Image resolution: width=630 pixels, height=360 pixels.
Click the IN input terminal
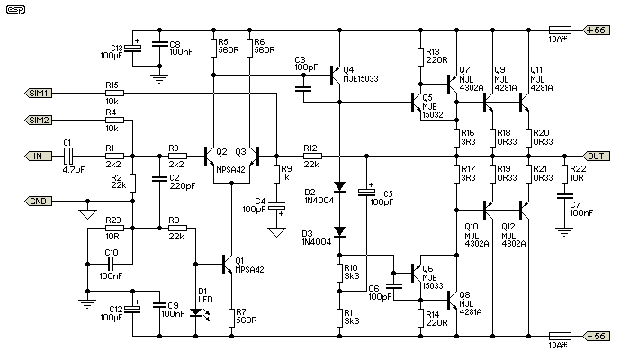pos(37,156)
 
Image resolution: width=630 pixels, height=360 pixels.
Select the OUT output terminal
pos(597,156)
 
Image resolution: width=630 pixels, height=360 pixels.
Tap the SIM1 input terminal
pos(39,93)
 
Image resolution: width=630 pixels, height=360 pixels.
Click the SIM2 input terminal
pos(39,119)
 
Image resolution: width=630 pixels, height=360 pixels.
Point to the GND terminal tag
pos(39,200)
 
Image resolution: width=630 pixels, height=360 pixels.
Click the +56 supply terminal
pos(597,30)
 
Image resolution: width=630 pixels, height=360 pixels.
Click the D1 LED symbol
pos(195,312)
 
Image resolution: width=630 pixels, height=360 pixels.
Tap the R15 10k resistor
pos(113,93)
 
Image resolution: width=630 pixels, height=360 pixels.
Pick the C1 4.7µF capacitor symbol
pos(68,156)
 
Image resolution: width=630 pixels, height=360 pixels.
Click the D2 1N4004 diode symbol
pos(339,188)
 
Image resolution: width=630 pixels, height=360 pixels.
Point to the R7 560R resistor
pos(231,316)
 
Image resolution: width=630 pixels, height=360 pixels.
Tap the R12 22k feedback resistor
pos(311,156)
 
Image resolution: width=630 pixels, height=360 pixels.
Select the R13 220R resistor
pos(420,57)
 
